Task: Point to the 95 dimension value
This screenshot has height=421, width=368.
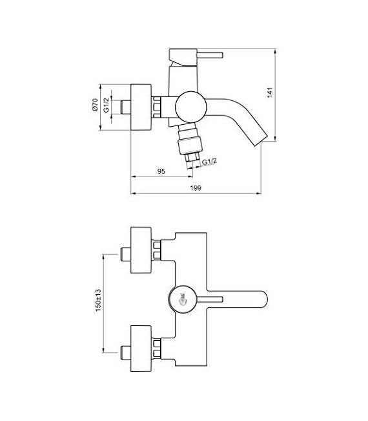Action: (161, 171)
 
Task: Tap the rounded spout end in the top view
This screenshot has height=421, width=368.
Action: (261, 299)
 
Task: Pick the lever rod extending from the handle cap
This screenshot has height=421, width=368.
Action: (210, 299)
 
